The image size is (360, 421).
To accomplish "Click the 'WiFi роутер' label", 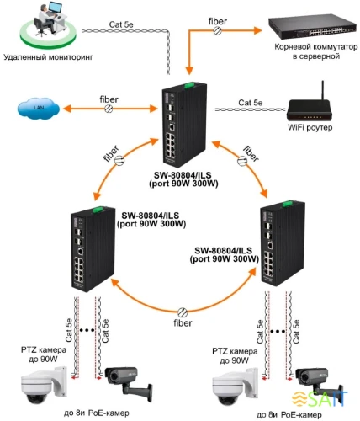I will [x=309, y=128].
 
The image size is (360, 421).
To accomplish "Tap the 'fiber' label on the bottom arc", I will [x=183, y=322].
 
